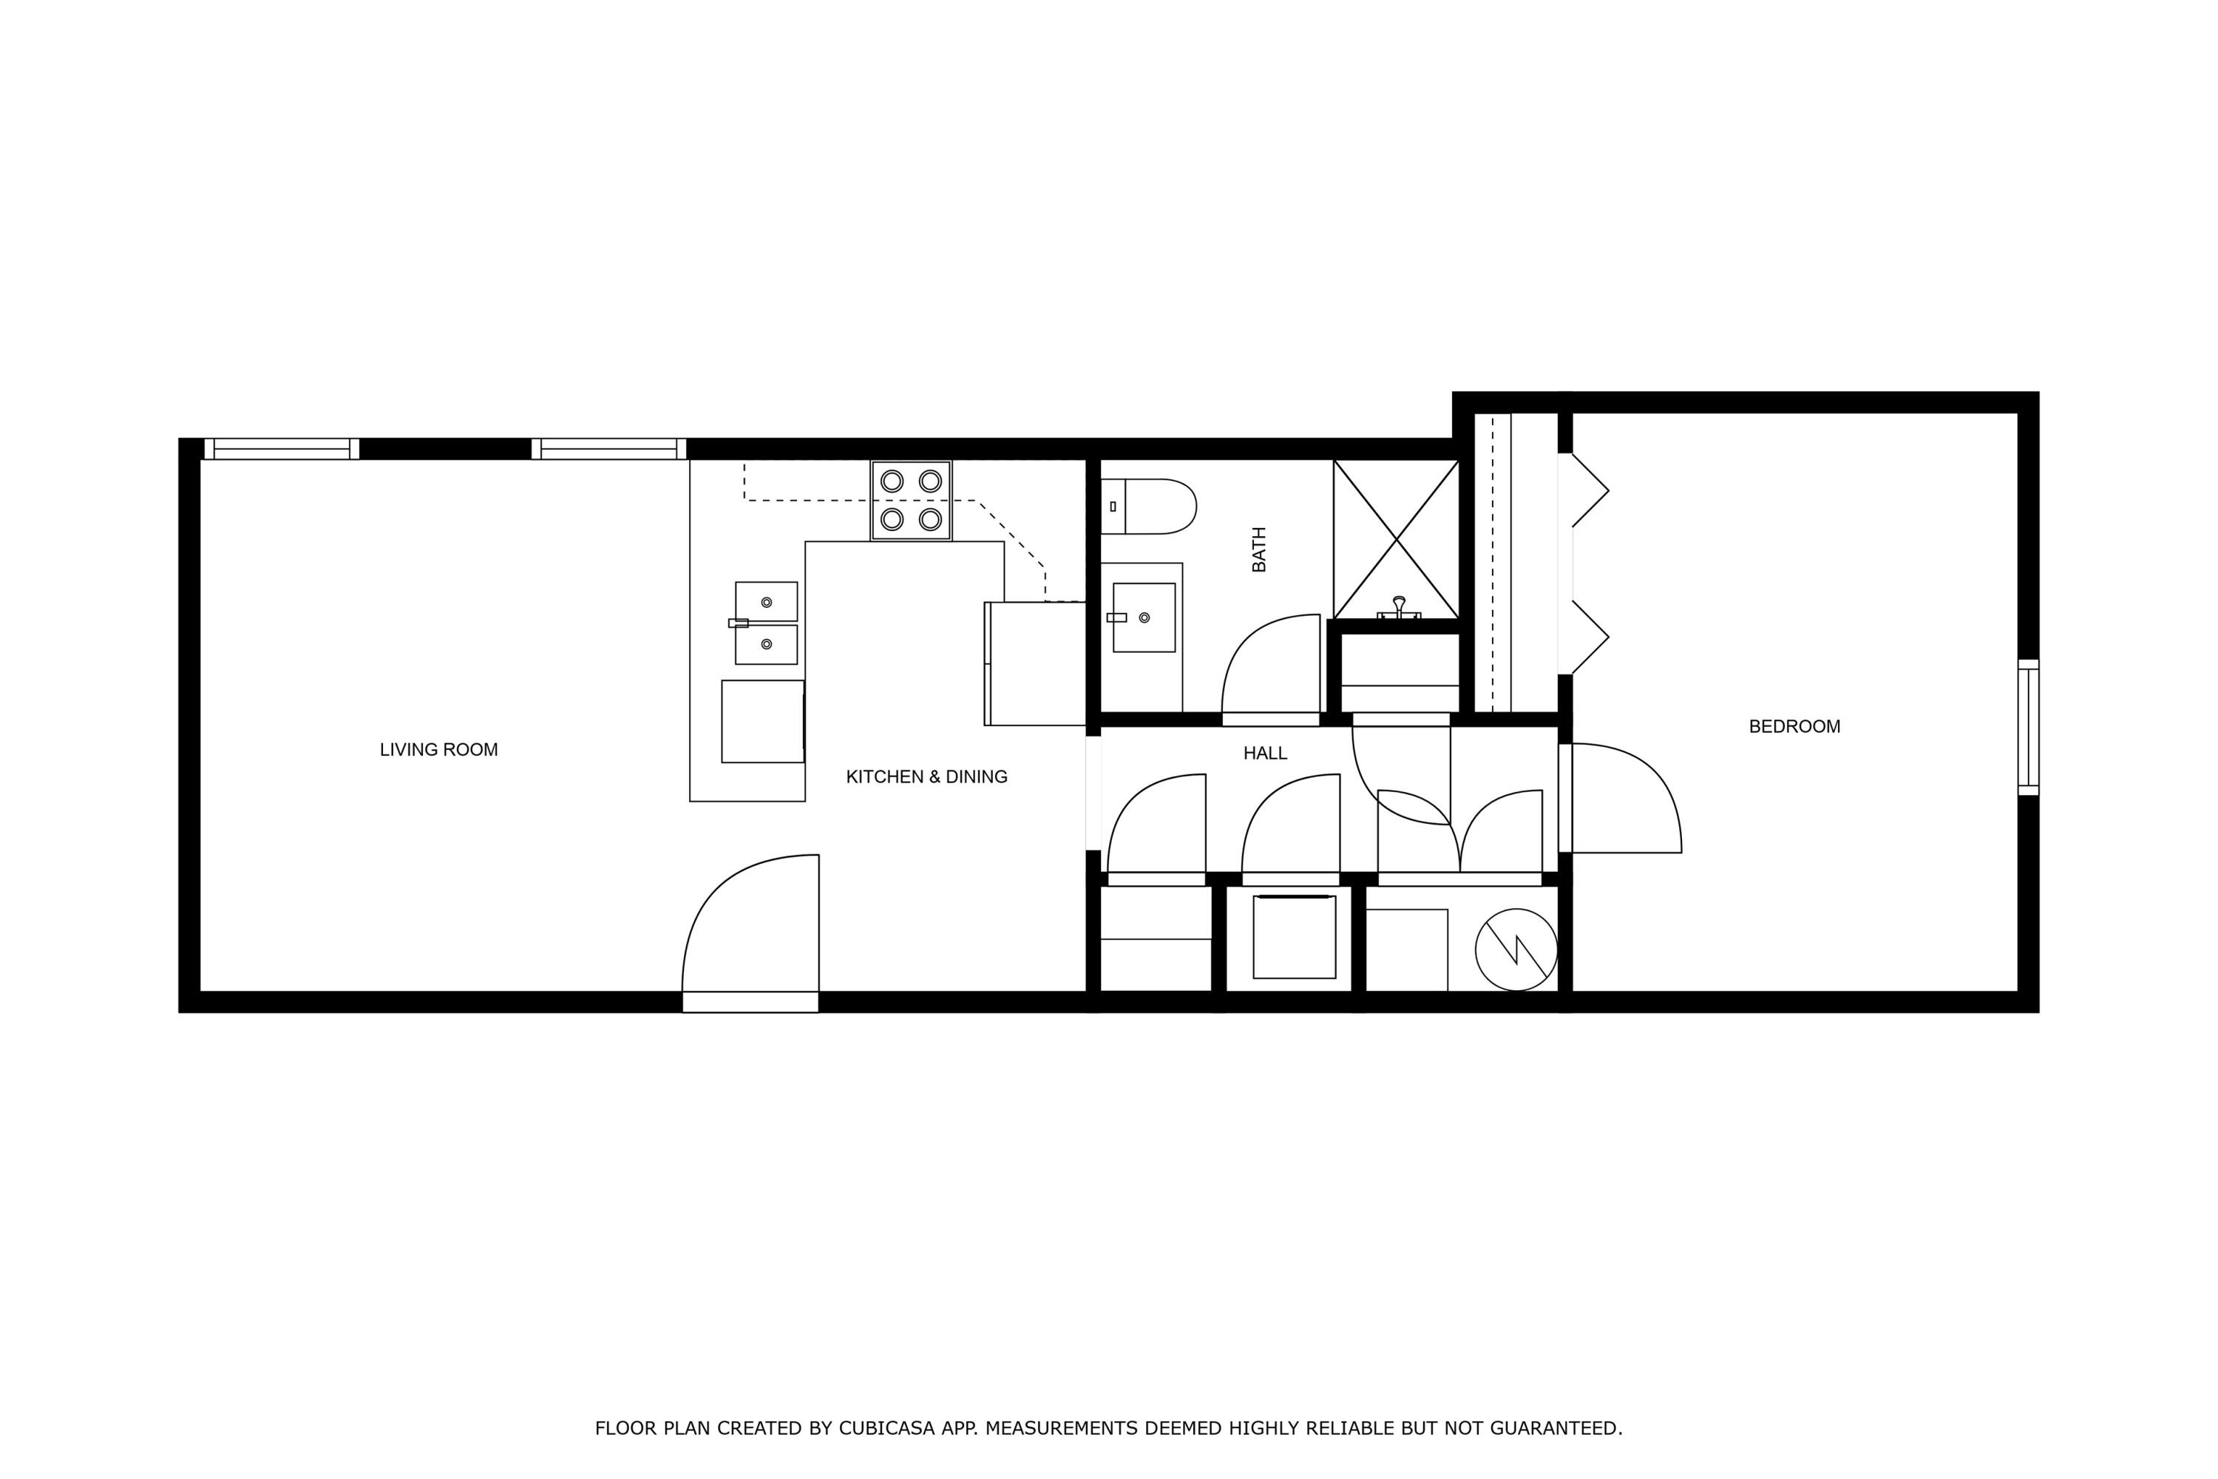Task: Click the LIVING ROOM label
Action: pyautogui.click(x=438, y=750)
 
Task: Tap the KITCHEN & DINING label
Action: pyautogui.click(x=926, y=777)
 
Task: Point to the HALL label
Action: pyautogui.click(x=1264, y=754)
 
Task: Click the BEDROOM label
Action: pyautogui.click(x=1794, y=726)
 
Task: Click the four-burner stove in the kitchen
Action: pyautogui.click(x=911, y=501)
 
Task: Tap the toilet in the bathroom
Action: pyautogui.click(x=1150, y=507)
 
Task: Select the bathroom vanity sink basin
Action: pyautogui.click(x=1144, y=617)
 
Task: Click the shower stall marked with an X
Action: pyautogui.click(x=1396, y=540)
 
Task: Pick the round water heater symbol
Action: pyautogui.click(x=1516, y=949)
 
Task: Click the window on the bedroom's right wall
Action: pyautogui.click(x=2027, y=727)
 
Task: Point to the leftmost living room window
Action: pyautogui.click(x=281, y=449)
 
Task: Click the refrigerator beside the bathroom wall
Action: pyautogui.click(x=1037, y=663)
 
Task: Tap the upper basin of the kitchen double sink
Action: pyautogui.click(x=766, y=602)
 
